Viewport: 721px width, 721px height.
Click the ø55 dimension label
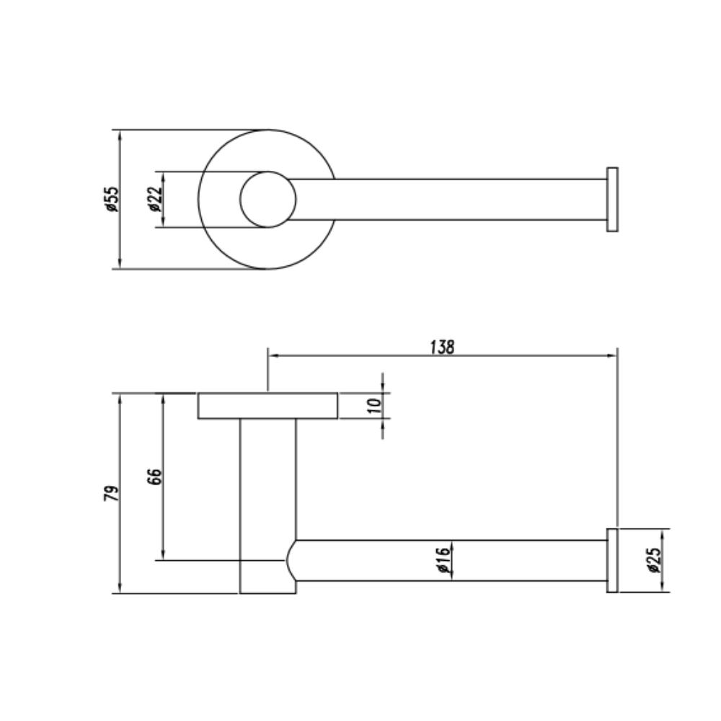110,199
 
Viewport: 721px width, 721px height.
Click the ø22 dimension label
155,199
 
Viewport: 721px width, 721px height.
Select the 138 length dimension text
442,347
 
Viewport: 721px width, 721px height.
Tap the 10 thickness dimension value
373,405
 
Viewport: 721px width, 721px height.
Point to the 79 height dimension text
110,494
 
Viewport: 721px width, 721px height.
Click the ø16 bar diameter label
443,560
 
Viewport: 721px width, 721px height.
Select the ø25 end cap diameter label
654,560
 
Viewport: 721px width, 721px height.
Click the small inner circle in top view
267,200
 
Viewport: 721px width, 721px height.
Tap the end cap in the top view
612,200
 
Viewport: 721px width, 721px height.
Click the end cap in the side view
612,560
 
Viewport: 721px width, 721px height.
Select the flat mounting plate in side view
268,406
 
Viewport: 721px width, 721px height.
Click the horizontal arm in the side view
447,560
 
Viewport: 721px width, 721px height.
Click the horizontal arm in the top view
447,200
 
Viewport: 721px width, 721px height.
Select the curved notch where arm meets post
291,560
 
